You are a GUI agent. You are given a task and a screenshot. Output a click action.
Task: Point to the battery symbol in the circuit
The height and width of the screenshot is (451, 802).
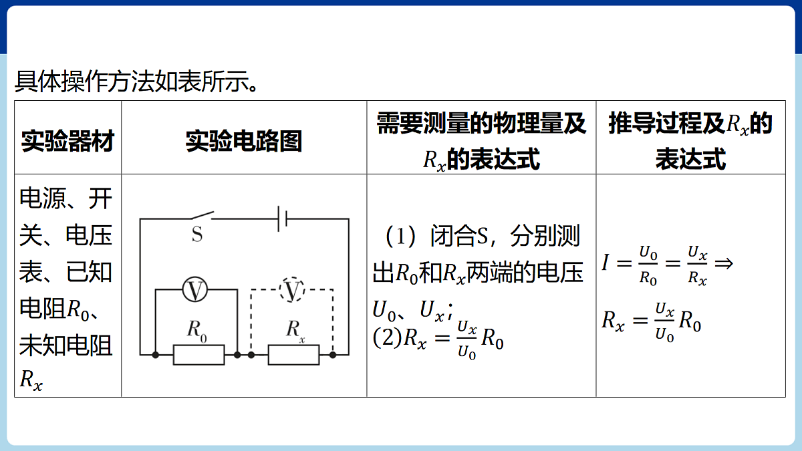[283, 218]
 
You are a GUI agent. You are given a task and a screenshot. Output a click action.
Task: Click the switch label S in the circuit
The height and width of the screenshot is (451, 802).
[197, 235]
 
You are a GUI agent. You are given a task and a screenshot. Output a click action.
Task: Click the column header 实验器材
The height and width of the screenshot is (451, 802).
[68, 141]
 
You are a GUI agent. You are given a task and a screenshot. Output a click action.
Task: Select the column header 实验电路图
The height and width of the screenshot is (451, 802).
[244, 141]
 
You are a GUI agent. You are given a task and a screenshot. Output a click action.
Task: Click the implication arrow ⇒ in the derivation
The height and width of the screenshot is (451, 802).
[724, 264]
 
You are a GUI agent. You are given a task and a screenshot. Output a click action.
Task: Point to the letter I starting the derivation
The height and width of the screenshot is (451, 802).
[606, 263]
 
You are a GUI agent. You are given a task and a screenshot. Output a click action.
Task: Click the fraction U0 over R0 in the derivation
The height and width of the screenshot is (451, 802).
[648, 265]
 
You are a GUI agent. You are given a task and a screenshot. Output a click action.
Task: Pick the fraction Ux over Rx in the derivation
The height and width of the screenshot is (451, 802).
[698, 265]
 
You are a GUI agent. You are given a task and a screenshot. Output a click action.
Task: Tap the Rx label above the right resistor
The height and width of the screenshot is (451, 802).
[295, 331]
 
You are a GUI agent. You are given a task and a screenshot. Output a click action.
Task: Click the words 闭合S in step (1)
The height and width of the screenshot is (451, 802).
[459, 236]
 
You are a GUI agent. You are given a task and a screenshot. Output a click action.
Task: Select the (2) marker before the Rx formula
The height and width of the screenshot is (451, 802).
[388, 337]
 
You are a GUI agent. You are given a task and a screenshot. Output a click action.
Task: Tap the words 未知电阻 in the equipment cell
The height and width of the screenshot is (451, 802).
[66, 345]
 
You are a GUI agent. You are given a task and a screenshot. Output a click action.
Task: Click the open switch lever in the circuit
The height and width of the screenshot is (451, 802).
[203, 214]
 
